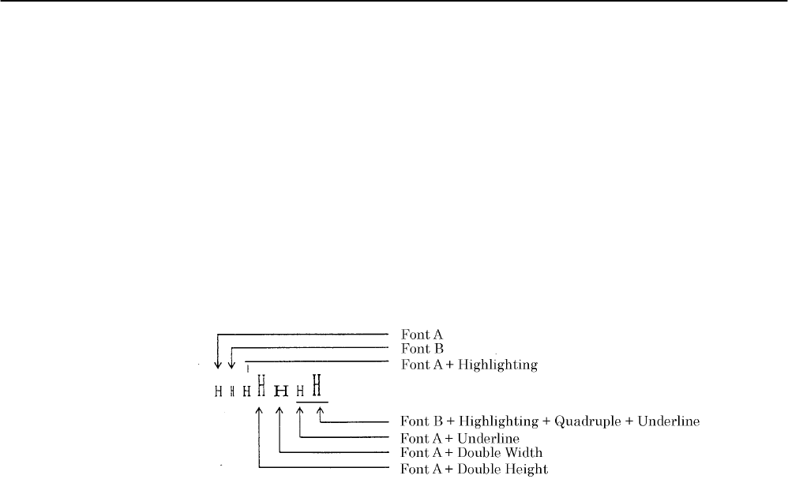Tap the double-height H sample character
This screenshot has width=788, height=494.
[259, 386]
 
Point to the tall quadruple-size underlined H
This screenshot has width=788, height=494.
[317, 386]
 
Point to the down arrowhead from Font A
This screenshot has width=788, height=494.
[218, 365]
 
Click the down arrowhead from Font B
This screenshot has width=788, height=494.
[231, 365]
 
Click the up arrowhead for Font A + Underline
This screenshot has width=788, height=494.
[299, 410]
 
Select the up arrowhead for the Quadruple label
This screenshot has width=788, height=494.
[320, 410]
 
